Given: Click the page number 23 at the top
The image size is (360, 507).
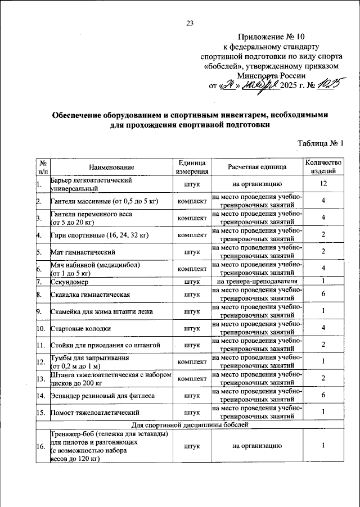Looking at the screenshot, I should pos(190,23).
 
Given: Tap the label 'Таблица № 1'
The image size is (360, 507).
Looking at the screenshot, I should pos(320,143).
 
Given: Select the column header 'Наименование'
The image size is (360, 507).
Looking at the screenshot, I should pos(111,167).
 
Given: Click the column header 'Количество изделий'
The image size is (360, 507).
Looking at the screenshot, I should pos(323,166).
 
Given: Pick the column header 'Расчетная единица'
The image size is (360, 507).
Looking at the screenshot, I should pos(257,167).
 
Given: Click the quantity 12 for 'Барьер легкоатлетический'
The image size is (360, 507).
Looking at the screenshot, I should pos(323,184).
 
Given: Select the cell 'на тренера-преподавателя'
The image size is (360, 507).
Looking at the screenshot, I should pos(257,281).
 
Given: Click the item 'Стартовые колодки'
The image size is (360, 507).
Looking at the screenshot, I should pos(80,328).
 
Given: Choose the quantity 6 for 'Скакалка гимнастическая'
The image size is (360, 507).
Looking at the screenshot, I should pos(323,294).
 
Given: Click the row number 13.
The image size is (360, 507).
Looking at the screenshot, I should pos(40,379).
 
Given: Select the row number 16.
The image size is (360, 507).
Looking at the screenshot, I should pos(40,446).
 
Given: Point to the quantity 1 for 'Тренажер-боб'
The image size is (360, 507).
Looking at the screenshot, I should pos(323,446).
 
